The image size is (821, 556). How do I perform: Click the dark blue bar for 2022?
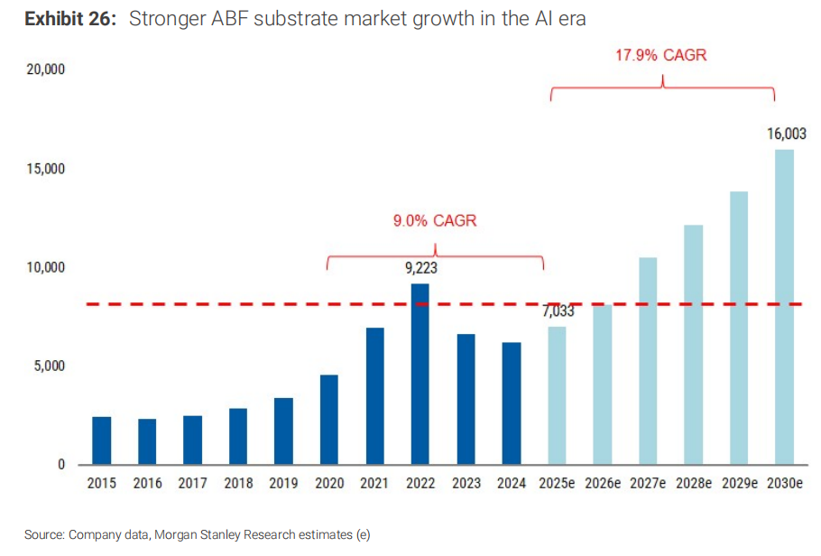pyautogui.click(x=420, y=375)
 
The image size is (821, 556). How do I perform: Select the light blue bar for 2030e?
pyautogui.click(x=785, y=307)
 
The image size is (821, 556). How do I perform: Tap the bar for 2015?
pyautogui.click(x=102, y=440)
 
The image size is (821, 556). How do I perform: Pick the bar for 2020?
pyautogui.click(x=329, y=420)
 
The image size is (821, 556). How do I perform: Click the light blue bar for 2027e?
pyautogui.click(x=648, y=361)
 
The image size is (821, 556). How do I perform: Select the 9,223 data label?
pyautogui.click(x=420, y=267)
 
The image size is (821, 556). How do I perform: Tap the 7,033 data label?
pyautogui.click(x=558, y=311)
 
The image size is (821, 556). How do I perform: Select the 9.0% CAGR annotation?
pyautogui.click(x=435, y=221)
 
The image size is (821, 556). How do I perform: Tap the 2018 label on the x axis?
pyautogui.click(x=238, y=484)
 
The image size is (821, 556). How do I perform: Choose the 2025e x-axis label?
pyautogui.click(x=558, y=484)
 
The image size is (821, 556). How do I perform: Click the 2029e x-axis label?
pyautogui.click(x=740, y=484)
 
